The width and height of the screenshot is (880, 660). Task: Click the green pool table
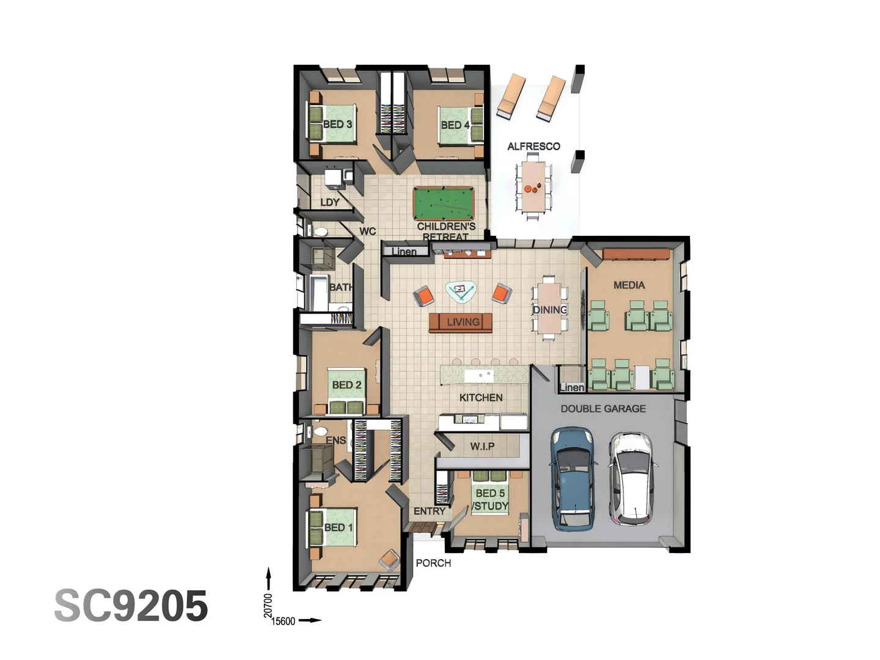pos(444,203)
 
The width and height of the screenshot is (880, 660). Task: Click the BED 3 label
pos(337,124)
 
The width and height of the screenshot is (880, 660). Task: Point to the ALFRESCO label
pos(533,146)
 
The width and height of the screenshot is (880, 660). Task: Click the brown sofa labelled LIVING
pos(461,322)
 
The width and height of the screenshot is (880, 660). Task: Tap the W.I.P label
pos(482,446)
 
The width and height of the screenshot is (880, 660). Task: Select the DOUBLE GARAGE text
pos(603,408)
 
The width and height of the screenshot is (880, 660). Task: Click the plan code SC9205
pos(131,606)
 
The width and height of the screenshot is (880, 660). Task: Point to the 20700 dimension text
pos(268,605)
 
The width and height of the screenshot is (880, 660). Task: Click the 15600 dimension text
pos(283,621)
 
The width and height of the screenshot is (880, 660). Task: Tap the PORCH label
pos(433,563)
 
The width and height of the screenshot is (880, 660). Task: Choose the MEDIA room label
pos(629,285)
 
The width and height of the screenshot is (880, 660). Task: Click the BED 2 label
pos(346,385)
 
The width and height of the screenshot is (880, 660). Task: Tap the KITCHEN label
pos(481,397)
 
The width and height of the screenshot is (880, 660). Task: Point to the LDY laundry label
pos(330,202)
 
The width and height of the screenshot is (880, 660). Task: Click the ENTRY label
pos(430,511)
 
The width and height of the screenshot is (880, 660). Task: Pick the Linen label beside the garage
pos(572,387)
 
